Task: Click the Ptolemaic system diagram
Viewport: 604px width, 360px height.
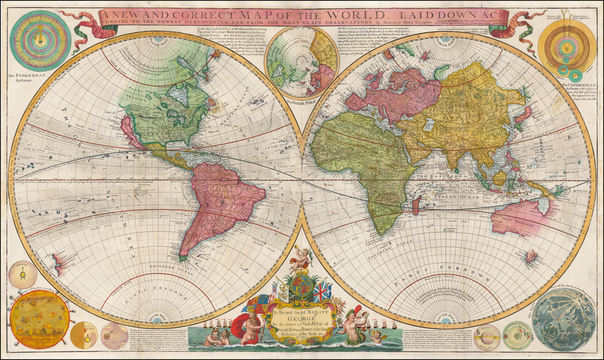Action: pos(40,41)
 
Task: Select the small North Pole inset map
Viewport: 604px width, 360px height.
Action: pos(301,62)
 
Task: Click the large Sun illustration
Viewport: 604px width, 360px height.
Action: pos(40,319)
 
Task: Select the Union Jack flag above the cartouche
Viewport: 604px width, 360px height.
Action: pos(322,292)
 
